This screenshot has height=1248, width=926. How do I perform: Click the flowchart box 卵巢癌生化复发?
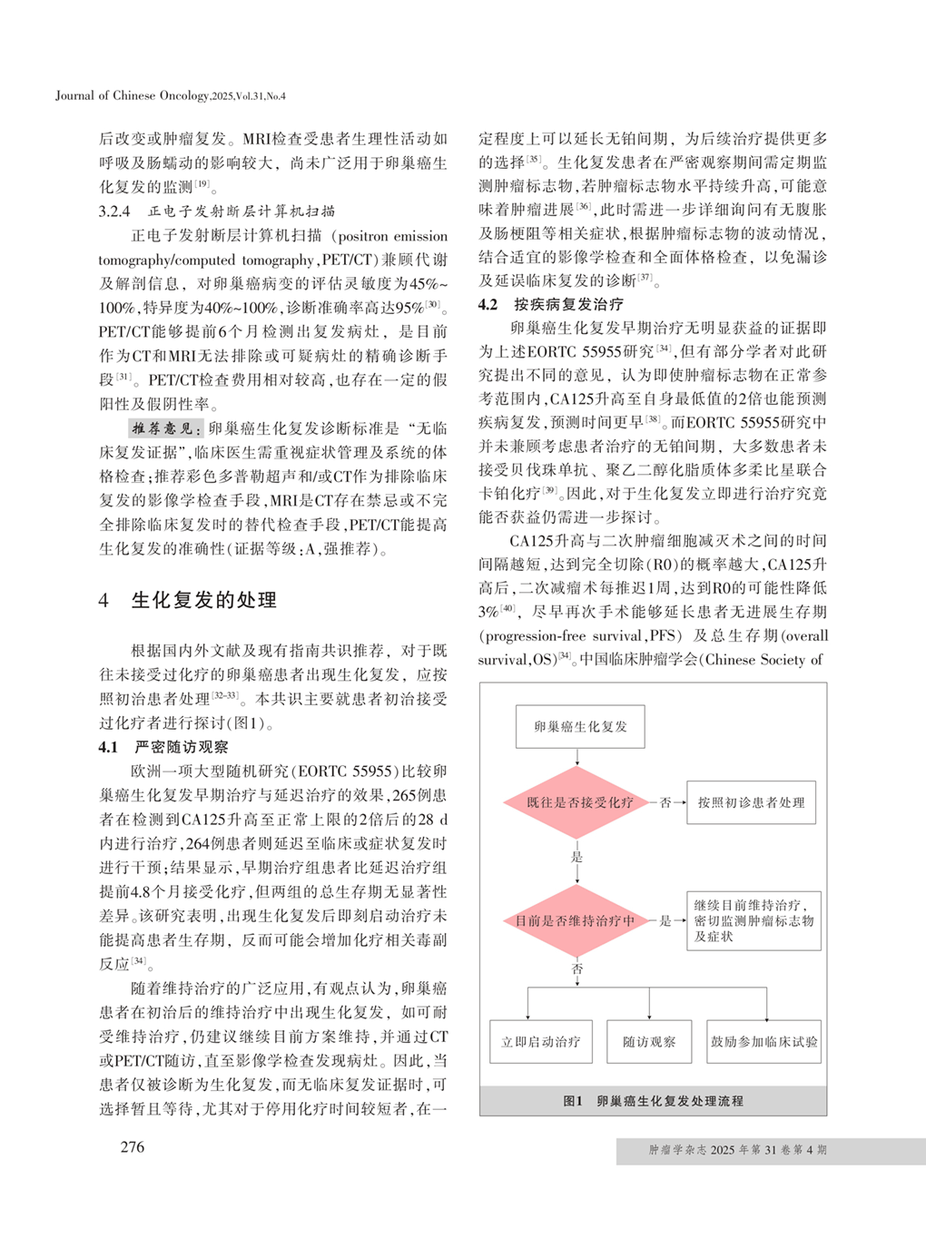[580, 726]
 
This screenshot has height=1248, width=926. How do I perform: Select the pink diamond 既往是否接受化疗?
[579, 802]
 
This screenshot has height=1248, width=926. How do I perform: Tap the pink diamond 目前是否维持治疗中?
[576, 920]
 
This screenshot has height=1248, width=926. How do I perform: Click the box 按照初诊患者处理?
[751, 802]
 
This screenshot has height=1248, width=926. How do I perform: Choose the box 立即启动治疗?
[540, 1042]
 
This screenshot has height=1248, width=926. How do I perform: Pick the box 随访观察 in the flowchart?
[649, 1042]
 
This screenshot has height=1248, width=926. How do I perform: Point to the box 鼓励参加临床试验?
[764, 1042]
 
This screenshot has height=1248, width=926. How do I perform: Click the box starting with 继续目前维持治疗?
[754, 920]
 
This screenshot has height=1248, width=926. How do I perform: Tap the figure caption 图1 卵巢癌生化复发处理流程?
[653, 1101]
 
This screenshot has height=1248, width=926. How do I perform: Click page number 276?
[133, 1147]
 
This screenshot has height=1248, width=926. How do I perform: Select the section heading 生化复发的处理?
[203, 600]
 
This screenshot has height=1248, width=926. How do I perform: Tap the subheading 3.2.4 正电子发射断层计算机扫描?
[216, 211]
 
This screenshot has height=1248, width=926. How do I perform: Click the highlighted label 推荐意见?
[165, 428]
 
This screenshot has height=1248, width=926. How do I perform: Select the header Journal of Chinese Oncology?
[170, 95]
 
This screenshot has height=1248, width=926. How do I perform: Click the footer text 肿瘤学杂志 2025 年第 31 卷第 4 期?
[737, 1150]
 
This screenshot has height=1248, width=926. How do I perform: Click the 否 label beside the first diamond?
[665, 802]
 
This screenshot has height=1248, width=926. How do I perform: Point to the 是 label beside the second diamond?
[665, 920]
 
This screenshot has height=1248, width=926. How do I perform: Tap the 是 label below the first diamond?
[577, 857]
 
